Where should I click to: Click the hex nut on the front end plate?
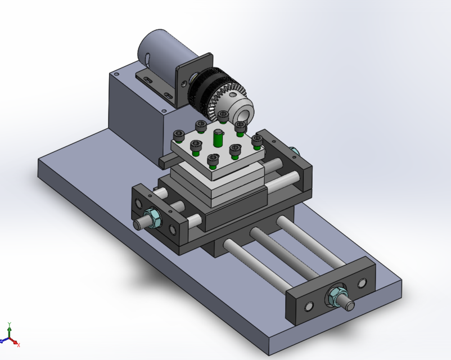pos(338,294)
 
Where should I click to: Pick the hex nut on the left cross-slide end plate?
pos(152,216)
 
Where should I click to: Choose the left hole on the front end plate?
pos(308,307)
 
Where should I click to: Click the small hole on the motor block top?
pos(116,74)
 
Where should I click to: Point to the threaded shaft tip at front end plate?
pos(349,305)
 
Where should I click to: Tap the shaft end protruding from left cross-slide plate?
pos(138,224)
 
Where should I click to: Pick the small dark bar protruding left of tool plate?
pos(165,161)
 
